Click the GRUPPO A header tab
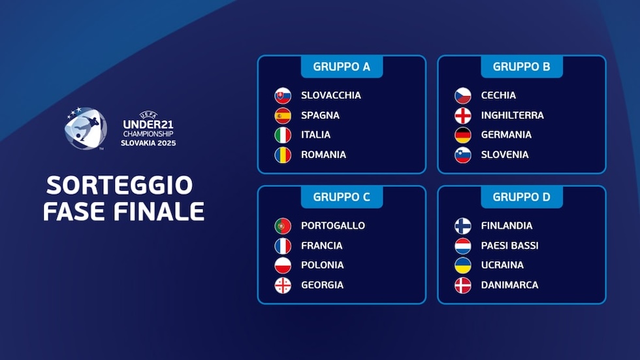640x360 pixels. click(x=342, y=67)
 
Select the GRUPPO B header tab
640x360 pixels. click(x=522, y=67)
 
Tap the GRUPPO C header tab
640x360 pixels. click(x=342, y=197)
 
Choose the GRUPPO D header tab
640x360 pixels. click(x=522, y=197)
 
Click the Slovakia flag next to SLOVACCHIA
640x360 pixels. click(x=283, y=95)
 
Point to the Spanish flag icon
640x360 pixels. click(x=283, y=116)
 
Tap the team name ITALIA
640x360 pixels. click(x=315, y=135)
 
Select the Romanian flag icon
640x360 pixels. click(x=283, y=155)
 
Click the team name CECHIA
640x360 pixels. click(x=498, y=95)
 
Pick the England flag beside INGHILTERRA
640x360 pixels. click(x=463, y=116)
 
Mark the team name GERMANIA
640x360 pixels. click(x=506, y=135)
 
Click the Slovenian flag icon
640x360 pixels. click(x=463, y=155)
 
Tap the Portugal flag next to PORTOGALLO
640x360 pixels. click(x=283, y=225)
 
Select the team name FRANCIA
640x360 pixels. click(x=321, y=246)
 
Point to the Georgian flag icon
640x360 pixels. click(x=283, y=286)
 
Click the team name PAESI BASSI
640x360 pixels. click(x=510, y=246)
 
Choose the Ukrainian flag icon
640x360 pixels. click(x=463, y=265)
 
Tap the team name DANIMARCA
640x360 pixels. click(x=510, y=285)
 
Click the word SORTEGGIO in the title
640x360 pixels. click(x=119, y=186)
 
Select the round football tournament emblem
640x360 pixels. click(x=86, y=128)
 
